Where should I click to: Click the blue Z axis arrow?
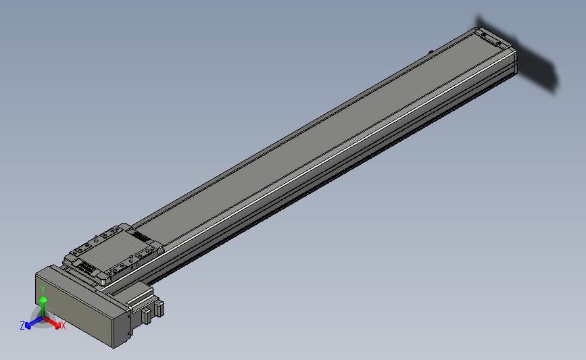pyautogui.click(x=30, y=324)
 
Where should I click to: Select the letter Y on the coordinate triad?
pyautogui.click(x=42, y=289)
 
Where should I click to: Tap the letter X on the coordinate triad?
pyautogui.click(x=63, y=326)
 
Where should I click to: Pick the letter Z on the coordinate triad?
pyautogui.click(x=22, y=325)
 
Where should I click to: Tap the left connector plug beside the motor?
pyautogui.click(x=145, y=315)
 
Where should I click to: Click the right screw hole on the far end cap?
pyautogui.click(x=501, y=43)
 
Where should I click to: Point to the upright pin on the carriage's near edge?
pyautogui.click(x=129, y=259)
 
